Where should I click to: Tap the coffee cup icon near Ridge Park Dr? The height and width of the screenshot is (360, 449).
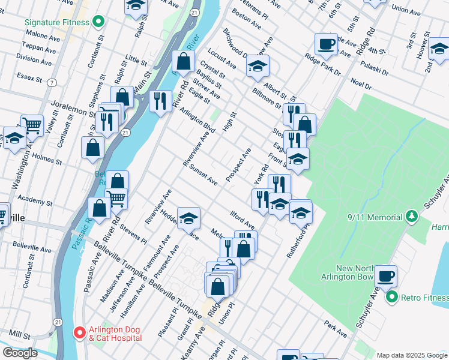pos(326,44)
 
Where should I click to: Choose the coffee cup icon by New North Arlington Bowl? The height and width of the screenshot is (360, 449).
pos(385,276)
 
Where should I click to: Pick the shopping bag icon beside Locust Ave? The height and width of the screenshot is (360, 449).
pos(183,61)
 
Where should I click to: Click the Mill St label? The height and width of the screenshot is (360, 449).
pos(19,334)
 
